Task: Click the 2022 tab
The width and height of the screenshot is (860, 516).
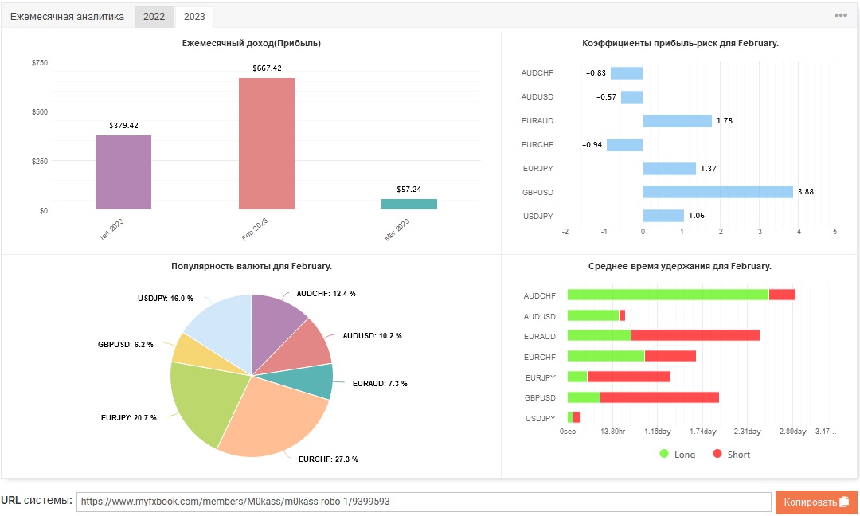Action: tap(154, 17)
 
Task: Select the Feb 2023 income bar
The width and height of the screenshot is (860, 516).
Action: tap(267, 143)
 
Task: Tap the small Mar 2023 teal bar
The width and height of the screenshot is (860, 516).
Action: tap(409, 204)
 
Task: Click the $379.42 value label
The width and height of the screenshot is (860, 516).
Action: tap(124, 126)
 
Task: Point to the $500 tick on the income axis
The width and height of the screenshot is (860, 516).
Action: tap(40, 111)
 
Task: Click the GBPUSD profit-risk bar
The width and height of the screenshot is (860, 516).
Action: tap(718, 192)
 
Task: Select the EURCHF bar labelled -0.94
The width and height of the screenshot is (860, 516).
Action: tap(625, 145)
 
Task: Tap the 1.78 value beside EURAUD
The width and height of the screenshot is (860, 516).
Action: tap(725, 120)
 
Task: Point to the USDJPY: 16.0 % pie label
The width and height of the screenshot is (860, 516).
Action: tap(166, 299)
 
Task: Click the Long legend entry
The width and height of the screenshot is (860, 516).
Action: tap(678, 455)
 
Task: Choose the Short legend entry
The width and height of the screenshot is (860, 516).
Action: tap(731, 455)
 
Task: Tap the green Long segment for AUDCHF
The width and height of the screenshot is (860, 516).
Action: tap(668, 295)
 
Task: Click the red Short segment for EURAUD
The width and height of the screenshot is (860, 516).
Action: tap(695, 335)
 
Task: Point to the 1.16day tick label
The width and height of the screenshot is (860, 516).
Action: tap(658, 432)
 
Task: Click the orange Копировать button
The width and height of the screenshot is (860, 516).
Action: tap(816, 502)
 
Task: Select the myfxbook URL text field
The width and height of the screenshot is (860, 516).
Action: tap(424, 502)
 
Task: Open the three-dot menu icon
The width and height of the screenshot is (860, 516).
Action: tap(841, 15)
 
